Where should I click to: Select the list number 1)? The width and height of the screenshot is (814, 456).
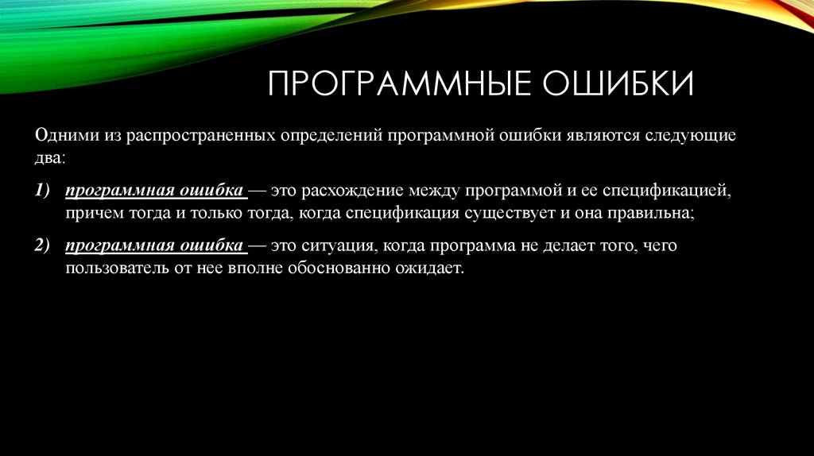pyautogui.click(x=42, y=191)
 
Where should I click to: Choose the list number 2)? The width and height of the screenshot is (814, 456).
pyautogui.click(x=42, y=246)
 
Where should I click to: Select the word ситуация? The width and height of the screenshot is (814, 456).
pyautogui.click(x=340, y=246)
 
